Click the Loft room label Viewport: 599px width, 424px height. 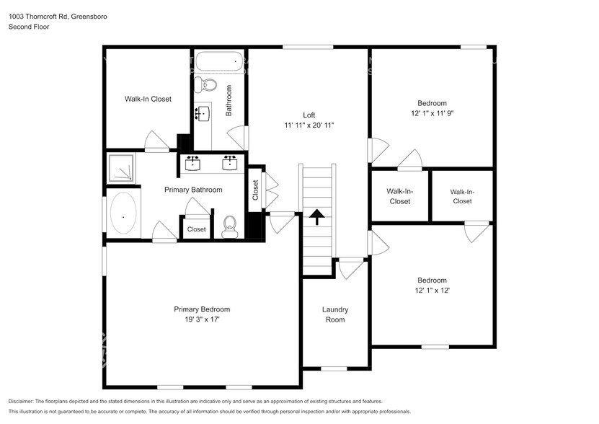click(309, 115)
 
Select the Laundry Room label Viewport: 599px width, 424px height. click(334, 314)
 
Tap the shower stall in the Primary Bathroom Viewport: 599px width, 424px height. click(122, 169)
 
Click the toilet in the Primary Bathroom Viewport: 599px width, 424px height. click(230, 226)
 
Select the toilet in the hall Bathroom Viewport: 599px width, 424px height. click(208, 85)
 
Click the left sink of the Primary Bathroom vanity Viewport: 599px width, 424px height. click(193, 162)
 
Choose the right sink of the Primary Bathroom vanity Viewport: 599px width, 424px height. click(230, 162)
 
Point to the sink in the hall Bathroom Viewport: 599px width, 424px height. click(202, 113)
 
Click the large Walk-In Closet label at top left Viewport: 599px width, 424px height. click(148, 99)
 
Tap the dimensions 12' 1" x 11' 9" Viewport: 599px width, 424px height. click(432, 113)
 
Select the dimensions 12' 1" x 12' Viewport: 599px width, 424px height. click(432, 290)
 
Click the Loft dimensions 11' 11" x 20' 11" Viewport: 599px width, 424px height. click(309, 125)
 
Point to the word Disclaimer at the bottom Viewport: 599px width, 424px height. click(25, 401)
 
